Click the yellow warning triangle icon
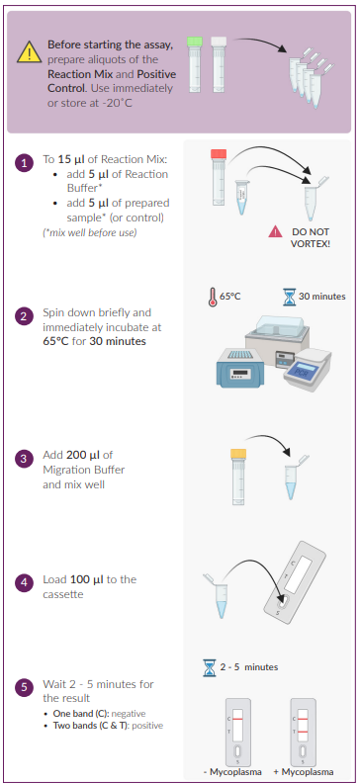(29, 52)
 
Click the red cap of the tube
(219, 154)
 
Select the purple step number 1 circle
(24, 162)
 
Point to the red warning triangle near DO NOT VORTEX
(275, 231)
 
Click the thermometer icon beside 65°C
(212, 297)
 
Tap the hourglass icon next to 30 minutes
(289, 297)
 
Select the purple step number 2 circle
(24, 316)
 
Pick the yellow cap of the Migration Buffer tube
(238, 454)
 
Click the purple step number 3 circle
(24, 459)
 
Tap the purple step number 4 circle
(24, 583)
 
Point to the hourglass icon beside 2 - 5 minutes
(210, 667)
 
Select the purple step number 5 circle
(24, 687)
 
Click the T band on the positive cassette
(303, 732)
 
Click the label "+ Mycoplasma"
(303, 772)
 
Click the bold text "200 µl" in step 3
(83, 455)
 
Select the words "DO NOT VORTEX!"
(310, 238)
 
